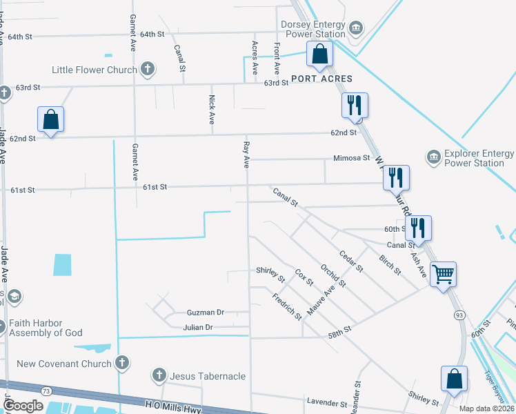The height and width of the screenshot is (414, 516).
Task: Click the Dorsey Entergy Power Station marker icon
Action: (356, 28)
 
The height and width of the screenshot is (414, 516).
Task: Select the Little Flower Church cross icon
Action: (147, 69)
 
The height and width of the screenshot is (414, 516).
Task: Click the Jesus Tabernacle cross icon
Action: (159, 376)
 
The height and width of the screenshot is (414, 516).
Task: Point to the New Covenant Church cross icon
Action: (122, 363)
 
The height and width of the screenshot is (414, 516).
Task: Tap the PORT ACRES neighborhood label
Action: (321, 79)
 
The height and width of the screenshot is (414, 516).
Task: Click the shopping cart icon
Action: (442, 274)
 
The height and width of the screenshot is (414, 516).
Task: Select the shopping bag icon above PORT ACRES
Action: (319, 53)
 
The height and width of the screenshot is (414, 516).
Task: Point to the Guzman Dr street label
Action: (206, 313)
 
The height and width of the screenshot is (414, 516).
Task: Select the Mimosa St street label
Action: (352, 158)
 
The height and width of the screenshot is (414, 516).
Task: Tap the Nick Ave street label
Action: (212, 110)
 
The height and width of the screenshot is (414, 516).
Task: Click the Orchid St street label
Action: (332, 277)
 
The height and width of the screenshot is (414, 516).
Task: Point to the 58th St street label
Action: (340, 332)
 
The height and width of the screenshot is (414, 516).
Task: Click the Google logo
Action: (24, 406)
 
